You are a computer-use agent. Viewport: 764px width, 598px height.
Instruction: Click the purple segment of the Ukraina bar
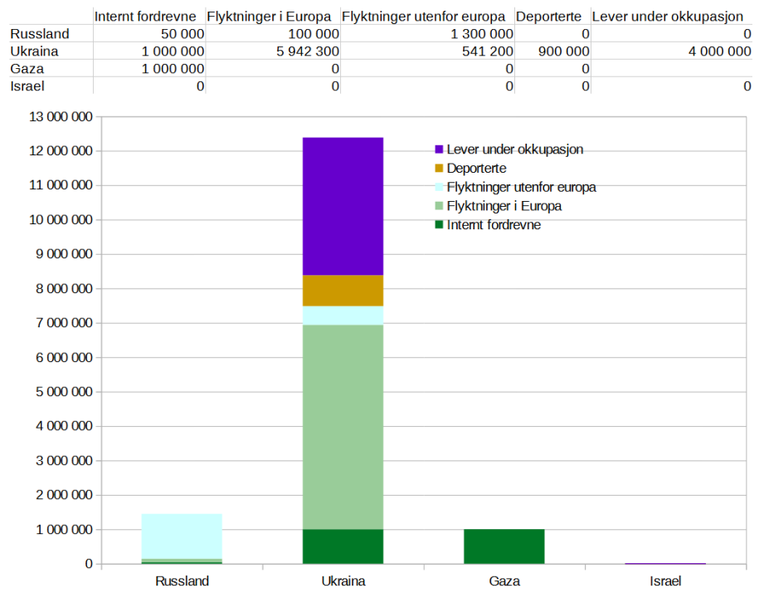pyautogui.click(x=343, y=206)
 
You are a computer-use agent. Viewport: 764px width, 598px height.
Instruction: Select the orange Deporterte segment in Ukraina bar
pyautogui.click(x=343, y=291)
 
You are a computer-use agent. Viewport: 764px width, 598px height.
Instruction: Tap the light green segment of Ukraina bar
pyautogui.click(x=343, y=426)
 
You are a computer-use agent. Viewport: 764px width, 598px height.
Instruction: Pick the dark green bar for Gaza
pyautogui.click(x=504, y=546)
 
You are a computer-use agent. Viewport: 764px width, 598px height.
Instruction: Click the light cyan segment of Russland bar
pyautogui.click(x=182, y=537)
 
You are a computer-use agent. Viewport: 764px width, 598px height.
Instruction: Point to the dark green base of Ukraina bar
pyautogui.click(x=343, y=546)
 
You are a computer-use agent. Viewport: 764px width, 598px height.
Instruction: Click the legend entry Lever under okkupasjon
pyautogui.click(x=514, y=149)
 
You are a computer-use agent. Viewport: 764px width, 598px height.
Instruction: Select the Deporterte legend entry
pyautogui.click(x=476, y=169)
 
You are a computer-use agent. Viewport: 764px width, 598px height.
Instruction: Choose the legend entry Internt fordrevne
pyautogui.click(x=493, y=224)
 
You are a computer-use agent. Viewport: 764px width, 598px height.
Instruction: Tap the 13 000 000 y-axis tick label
pyautogui.click(x=61, y=117)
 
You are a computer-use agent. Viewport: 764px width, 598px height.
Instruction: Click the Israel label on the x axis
pyautogui.click(x=665, y=581)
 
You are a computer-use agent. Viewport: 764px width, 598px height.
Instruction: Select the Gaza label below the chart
pyautogui.click(x=504, y=581)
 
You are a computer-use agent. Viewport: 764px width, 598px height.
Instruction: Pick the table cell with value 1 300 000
pyautogui.click(x=481, y=34)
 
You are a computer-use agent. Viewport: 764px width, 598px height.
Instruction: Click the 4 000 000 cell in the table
pyautogui.click(x=716, y=51)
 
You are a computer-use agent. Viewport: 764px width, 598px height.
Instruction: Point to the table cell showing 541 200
pyautogui.click(x=488, y=51)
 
